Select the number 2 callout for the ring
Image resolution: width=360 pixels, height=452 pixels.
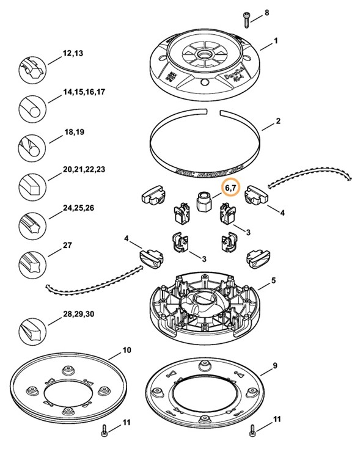[x=278, y=121]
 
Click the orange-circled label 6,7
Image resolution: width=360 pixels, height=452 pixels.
[x=232, y=188]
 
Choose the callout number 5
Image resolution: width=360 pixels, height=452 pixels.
[x=274, y=280]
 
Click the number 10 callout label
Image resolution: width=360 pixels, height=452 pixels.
[x=127, y=350]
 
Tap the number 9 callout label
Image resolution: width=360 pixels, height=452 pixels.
[x=275, y=365]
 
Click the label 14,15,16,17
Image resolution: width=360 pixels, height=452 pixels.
[x=84, y=92]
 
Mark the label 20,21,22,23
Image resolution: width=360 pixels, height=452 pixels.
[x=84, y=169]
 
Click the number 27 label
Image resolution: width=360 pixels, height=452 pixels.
[x=67, y=246]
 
